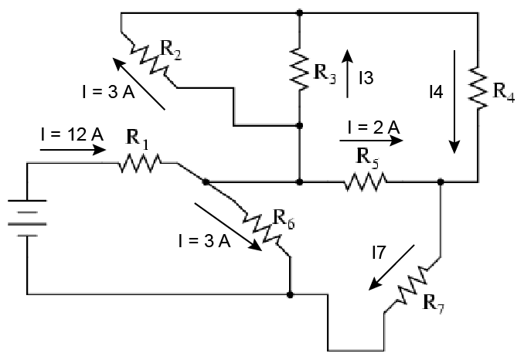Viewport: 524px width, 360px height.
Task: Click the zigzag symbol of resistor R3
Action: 299,70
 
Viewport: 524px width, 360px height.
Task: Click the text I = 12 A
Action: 72,134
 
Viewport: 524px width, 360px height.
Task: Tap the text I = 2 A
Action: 373,126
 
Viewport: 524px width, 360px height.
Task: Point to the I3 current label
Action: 366,76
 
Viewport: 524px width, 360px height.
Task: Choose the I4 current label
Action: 436,92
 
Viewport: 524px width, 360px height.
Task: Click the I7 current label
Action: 379,250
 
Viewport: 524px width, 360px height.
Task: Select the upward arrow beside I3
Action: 347,73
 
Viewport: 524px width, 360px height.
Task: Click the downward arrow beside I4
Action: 454,100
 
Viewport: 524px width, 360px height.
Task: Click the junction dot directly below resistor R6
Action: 289,294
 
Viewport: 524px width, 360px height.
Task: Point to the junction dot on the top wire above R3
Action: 299,12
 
